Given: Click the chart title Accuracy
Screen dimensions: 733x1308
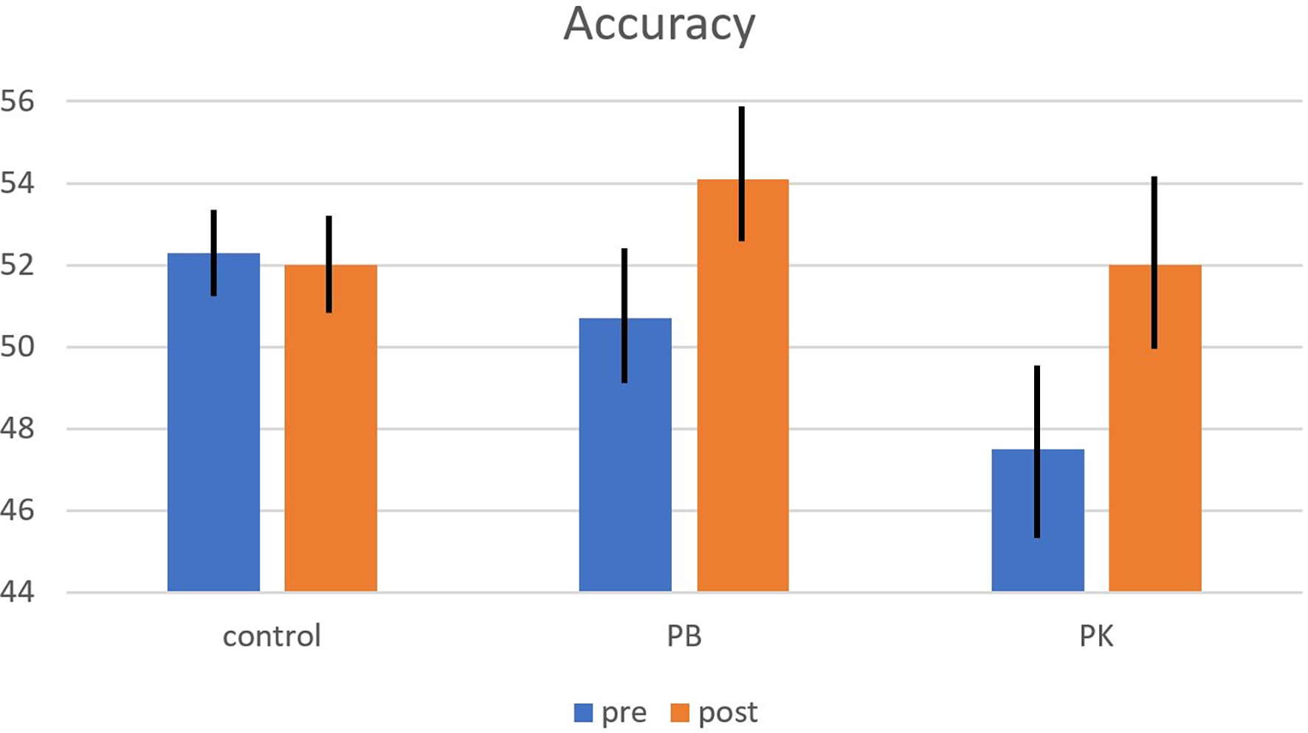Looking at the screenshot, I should click(659, 24).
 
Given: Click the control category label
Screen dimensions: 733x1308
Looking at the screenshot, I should click(272, 636).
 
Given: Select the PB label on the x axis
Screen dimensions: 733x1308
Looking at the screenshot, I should click(684, 636).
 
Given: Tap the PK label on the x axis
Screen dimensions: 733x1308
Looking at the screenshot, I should click(1096, 636).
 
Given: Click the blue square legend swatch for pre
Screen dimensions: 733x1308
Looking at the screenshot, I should click(583, 713).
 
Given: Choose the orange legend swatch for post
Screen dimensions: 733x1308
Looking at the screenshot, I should click(680, 713).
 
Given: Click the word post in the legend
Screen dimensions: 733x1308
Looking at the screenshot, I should click(728, 713).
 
